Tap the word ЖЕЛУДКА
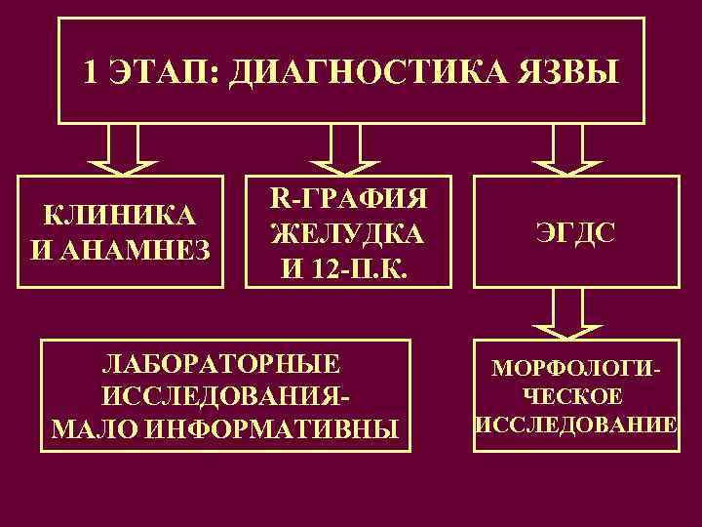point(347,234)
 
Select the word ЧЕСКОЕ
point(575,397)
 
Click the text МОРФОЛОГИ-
point(575,370)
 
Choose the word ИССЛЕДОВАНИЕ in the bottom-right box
point(575,425)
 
